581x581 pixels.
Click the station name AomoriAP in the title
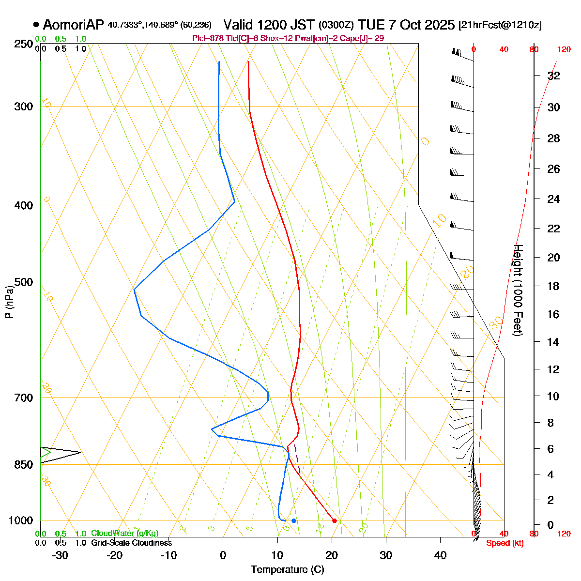(73, 25)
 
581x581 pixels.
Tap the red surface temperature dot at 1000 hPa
(335, 520)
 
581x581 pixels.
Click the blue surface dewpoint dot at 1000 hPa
(294, 520)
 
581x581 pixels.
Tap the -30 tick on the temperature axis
(60, 555)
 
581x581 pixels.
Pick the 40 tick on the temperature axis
(440, 555)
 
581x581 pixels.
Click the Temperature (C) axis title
(288, 569)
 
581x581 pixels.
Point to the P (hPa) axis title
(9, 303)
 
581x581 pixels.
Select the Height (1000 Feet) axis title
(518, 290)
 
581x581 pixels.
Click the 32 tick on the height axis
(553, 76)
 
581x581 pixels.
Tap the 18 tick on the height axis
(553, 286)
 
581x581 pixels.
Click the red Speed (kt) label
(505, 543)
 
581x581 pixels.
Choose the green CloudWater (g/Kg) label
(124, 533)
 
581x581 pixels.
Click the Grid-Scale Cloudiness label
(131, 543)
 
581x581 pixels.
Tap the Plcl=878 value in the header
(207, 38)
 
